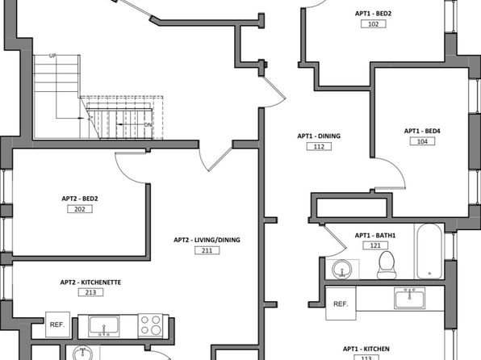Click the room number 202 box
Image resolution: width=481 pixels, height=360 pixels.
click(x=80, y=209)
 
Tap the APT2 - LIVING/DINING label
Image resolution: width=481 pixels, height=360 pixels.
click(x=207, y=240)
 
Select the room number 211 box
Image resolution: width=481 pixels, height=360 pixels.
click(x=207, y=250)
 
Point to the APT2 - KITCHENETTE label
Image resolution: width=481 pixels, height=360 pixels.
click(x=90, y=282)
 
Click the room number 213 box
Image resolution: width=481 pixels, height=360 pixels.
click(x=90, y=292)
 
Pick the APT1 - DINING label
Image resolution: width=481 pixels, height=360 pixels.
click(x=319, y=136)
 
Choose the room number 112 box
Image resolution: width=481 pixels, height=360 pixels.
click(x=319, y=146)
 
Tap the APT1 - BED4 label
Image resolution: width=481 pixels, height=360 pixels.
click(x=422, y=131)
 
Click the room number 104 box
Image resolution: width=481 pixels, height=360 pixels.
click(x=422, y=141)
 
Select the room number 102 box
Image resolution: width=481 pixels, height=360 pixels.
click(x=374, y=24)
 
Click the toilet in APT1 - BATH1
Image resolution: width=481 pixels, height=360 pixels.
click(x=387, y=265)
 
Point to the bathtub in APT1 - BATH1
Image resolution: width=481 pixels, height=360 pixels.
click(x=429, y=251)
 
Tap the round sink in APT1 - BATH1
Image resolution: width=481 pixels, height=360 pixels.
click(x=342, y=269)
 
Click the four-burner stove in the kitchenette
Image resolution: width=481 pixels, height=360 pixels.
click(x=150, y=325)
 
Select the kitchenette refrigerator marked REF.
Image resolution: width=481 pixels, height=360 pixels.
click(x=57, y=324)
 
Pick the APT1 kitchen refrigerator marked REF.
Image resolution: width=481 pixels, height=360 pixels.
click(x=341, y=303)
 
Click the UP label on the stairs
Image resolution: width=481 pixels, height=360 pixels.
click(x=52, y=56)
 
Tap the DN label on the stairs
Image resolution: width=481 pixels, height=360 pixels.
click(x=148, y=125)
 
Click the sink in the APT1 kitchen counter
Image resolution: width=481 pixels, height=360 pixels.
click(x=410, y=299)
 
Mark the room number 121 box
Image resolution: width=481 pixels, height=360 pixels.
click(x=375, y=245)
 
